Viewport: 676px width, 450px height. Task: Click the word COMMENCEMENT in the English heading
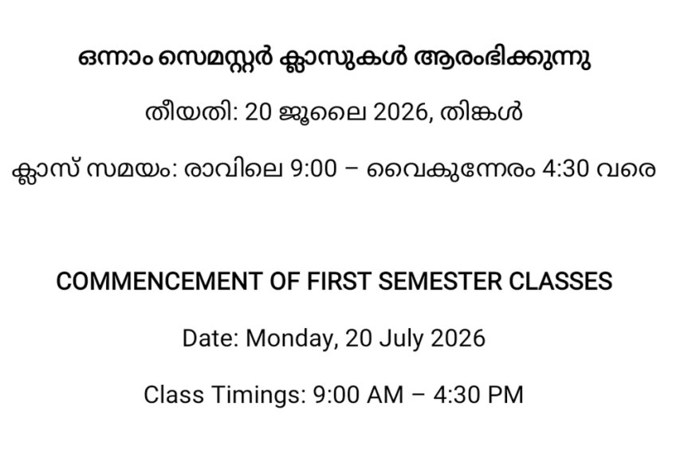tap(159, 281)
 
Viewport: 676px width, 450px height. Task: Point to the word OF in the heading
tap(284, 281)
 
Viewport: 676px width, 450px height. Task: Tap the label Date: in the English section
tap(210, 338)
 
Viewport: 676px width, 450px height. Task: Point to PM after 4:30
tap(506, 395)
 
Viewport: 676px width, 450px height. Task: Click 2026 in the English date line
tap(458, 338)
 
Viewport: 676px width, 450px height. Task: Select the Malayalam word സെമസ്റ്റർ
tap(215, 57)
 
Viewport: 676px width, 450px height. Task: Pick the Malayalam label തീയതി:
tap(192, 112)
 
